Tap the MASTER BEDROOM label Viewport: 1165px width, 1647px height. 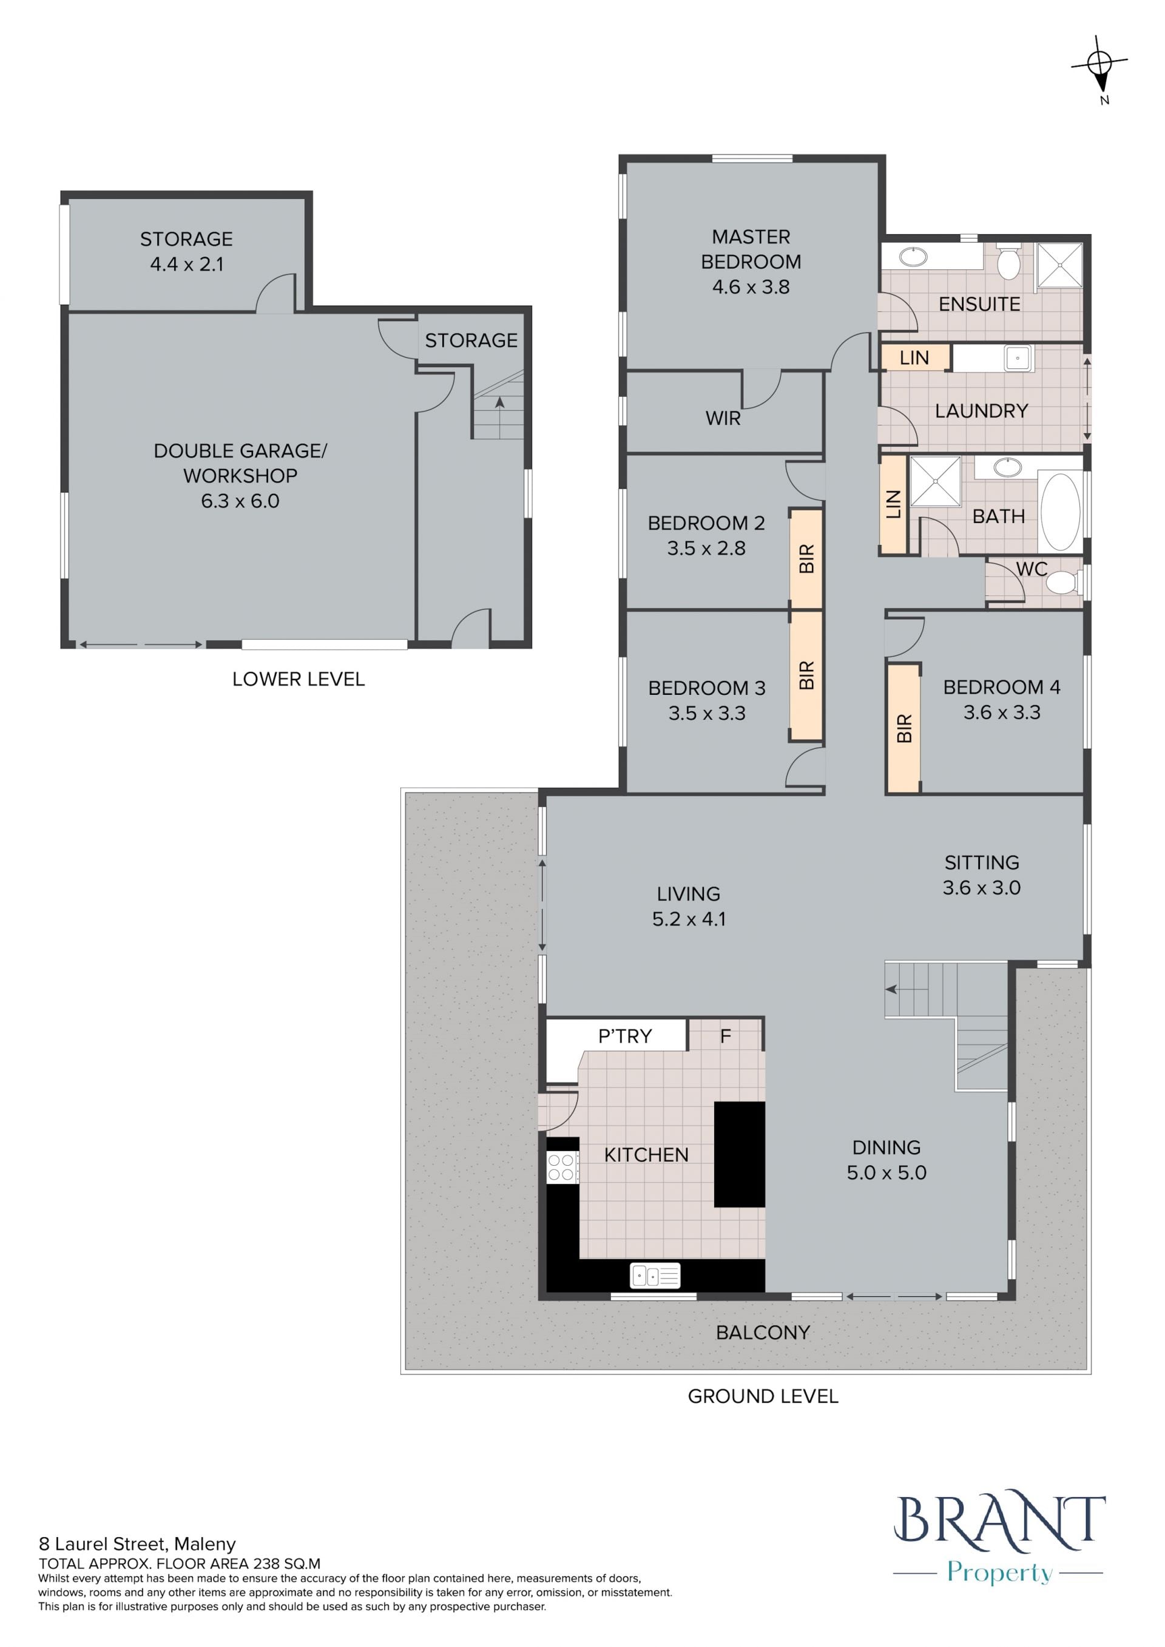pos(751,249)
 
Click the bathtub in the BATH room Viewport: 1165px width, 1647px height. pos(1059,511)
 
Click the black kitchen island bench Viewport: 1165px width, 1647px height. pos(740,1154)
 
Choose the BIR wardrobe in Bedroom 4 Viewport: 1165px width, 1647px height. pos(903,728)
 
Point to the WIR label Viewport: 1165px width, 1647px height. pos(723,418)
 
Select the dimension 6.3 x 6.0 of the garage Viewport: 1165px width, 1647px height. pos(240,501)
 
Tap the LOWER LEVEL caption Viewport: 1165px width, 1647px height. pos(299,678)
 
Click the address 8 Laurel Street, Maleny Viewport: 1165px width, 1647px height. pos(137,1544)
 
